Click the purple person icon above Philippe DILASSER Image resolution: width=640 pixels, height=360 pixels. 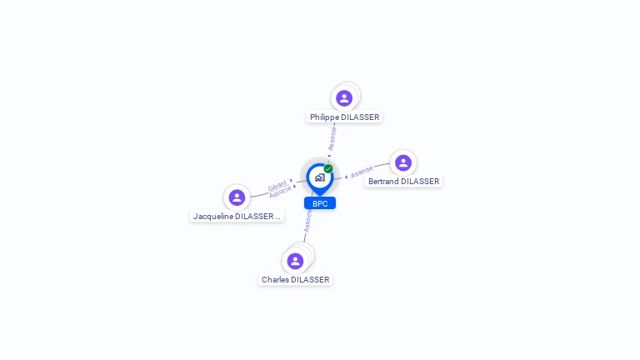344,98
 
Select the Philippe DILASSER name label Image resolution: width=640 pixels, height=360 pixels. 344,117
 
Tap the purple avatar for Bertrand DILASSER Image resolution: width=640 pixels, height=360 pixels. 403,162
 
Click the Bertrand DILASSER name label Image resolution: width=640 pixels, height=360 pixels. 403,182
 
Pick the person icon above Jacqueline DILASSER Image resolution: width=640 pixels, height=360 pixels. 237,197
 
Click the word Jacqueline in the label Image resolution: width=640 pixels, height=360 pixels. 213,217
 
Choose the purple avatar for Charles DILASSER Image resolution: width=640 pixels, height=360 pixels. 295,261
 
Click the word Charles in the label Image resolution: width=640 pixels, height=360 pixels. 275,280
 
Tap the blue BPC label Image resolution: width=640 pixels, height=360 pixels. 320,203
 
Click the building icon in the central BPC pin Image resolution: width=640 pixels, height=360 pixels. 319,177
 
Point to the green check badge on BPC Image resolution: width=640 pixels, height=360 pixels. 328,168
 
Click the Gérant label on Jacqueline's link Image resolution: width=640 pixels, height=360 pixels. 277,185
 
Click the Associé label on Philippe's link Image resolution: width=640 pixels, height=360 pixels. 332,138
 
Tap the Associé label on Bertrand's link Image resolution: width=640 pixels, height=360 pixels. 362,172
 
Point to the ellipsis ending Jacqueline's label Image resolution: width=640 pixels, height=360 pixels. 278,217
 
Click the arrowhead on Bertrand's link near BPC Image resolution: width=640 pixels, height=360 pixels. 346,177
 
